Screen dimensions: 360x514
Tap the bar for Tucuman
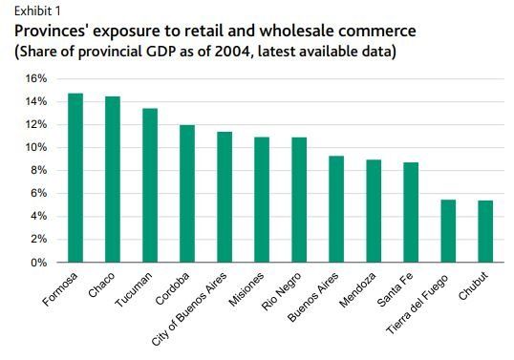click(150, 185)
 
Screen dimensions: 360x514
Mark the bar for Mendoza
click(374, 211)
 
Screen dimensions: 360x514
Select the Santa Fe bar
click(411, 212)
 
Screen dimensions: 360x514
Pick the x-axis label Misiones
click(248, 290)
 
